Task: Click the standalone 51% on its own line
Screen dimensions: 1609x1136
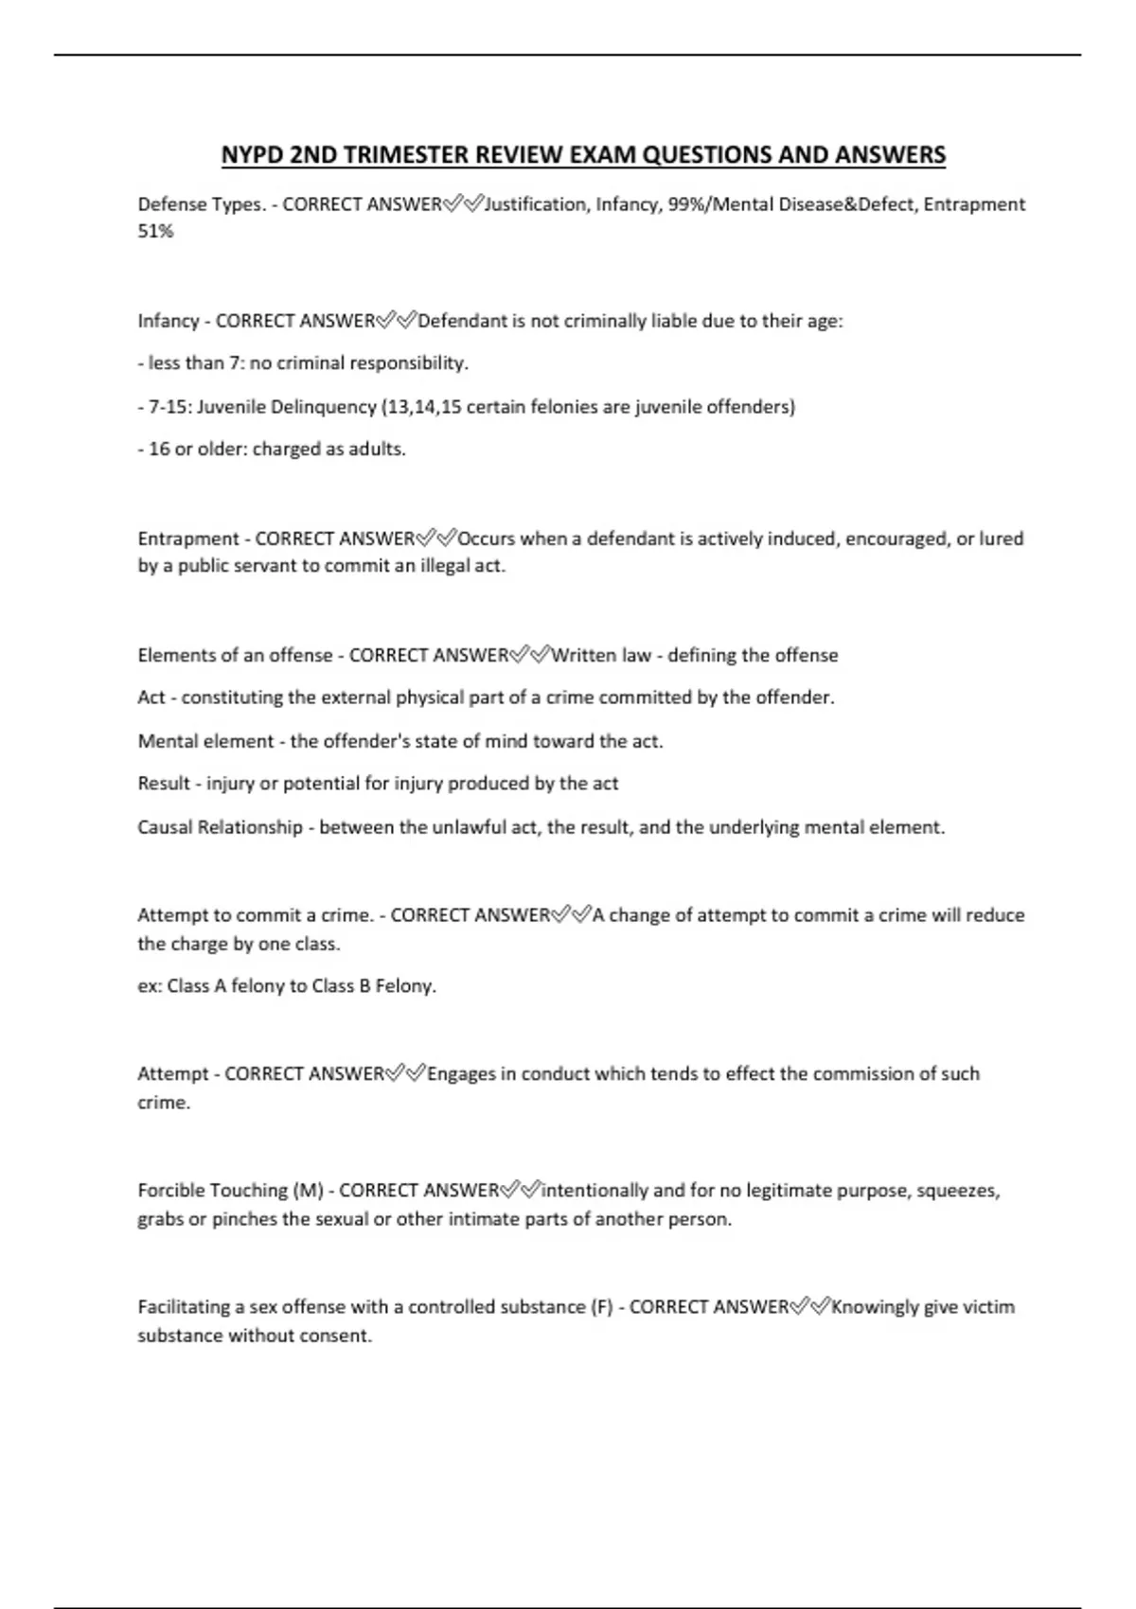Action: tap(155, 232)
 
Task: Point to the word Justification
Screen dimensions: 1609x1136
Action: tap(536, 204)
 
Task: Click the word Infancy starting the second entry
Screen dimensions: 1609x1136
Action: tap(168, 321)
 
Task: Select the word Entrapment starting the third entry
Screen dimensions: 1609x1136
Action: tap(188, 539)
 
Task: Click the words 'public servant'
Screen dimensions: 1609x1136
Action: tap(233, 566)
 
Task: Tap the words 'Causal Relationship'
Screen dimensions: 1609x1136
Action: tap(220, 827)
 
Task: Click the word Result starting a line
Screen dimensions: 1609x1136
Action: tap(164, 784)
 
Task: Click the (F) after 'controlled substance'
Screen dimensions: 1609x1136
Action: tap(601, 1307)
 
